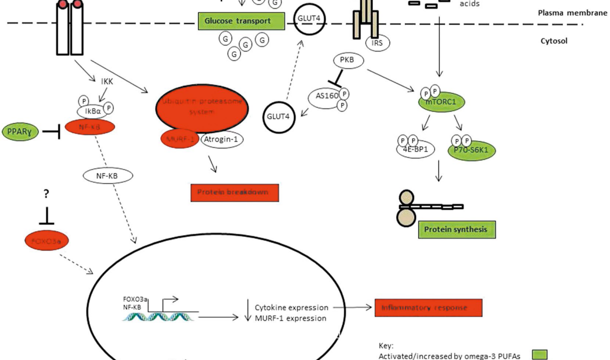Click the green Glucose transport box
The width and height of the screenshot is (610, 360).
click(241, 21)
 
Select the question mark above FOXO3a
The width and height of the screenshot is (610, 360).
click(46, 194)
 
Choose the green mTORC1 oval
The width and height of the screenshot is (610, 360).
click(441, 102)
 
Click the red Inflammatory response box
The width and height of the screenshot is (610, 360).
click(428, 307)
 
